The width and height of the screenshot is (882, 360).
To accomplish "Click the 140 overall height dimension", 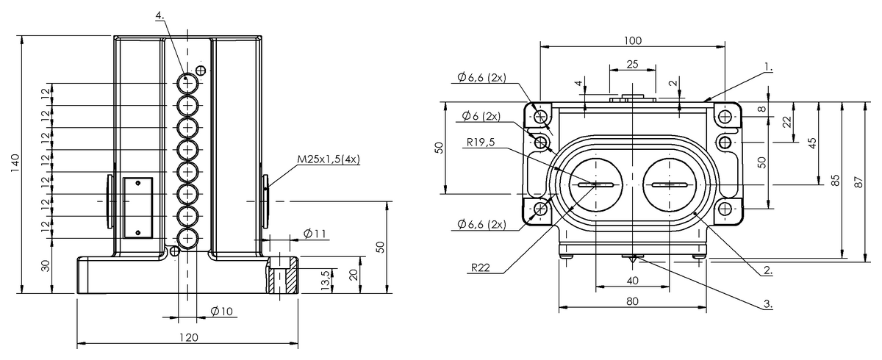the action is (x=15, y=162).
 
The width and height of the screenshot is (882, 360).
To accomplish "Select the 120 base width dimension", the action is (x=189, y=337).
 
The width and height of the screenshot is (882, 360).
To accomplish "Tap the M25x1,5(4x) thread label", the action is (x=329, y=159).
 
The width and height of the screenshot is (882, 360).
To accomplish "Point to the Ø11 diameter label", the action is (x=315, y=234).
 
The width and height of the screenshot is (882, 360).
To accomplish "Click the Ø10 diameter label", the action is (x=222, y=312).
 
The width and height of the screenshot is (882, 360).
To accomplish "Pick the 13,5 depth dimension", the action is (x=325, y=280).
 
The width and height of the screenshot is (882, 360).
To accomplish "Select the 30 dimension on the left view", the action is (x=46, y=266).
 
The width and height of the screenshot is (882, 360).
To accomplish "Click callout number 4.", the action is (x=159, y=15).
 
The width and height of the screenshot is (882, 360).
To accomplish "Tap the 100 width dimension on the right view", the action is (x=633, y=40).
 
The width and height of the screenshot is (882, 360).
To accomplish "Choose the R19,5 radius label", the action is (x=481, y=142).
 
